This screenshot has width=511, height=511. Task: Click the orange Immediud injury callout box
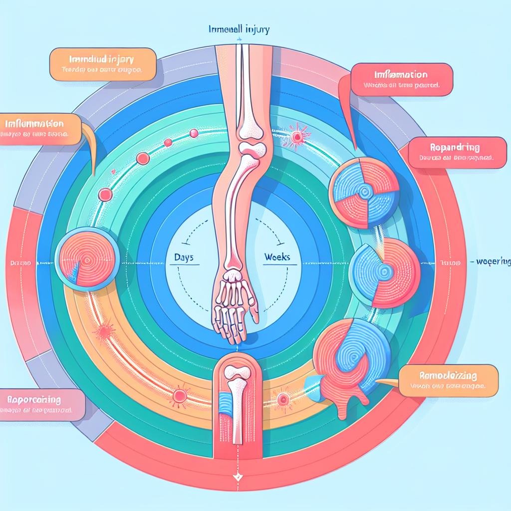(102, 64)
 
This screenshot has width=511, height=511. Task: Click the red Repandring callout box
(454, 153)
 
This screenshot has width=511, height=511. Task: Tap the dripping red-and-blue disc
(352, 359)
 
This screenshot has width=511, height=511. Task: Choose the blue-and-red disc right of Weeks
(382, 272)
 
